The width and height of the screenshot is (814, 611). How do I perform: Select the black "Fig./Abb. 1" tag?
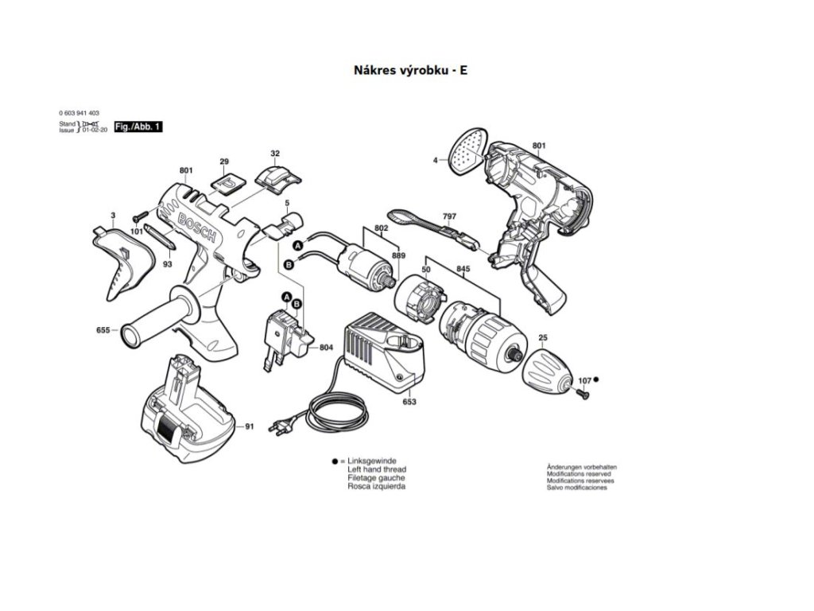(x=138, y=127)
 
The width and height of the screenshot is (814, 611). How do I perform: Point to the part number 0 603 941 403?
(x=79, y=114)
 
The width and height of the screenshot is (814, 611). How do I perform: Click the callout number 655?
(x=103, y=330)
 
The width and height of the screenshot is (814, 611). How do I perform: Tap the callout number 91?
(x=250, y=427)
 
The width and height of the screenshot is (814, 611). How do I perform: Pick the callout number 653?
(x=409, y=403)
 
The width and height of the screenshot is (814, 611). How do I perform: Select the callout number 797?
(x=449, y=216)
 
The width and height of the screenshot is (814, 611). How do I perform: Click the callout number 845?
(x=462, y=269)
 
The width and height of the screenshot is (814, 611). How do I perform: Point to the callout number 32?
(x=275, y=154)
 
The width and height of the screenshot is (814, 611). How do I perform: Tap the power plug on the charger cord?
(x=280, y=427)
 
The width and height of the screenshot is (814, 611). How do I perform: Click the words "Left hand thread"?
(x=377, y=469)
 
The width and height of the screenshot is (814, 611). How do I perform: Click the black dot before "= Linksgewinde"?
(x=335, y=461)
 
